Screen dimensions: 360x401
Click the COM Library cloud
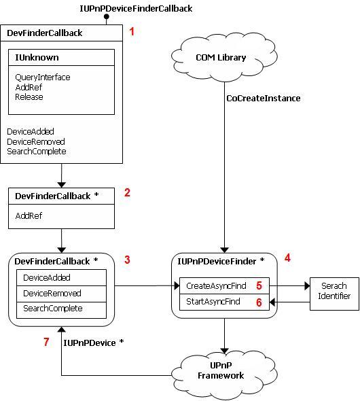224,57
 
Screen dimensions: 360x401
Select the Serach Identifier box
334,294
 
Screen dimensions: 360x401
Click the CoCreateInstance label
264,98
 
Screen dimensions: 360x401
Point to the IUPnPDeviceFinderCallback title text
136,8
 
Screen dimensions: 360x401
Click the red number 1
132,31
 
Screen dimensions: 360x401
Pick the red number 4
288,258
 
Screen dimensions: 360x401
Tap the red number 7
46,342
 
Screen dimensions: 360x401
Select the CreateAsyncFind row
224,285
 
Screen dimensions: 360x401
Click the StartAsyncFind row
224,302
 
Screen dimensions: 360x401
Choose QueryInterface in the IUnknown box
43,77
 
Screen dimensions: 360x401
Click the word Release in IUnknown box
29,97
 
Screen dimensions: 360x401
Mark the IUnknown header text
37,57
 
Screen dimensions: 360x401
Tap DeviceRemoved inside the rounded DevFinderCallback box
52,293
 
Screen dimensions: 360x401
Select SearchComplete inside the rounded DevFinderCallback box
52,309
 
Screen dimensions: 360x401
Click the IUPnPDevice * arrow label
94,343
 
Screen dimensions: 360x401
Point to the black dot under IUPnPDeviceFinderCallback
106,17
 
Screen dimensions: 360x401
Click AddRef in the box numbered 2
29,216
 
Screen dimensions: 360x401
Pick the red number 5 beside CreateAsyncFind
259,285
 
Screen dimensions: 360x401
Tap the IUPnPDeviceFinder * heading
221,262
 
